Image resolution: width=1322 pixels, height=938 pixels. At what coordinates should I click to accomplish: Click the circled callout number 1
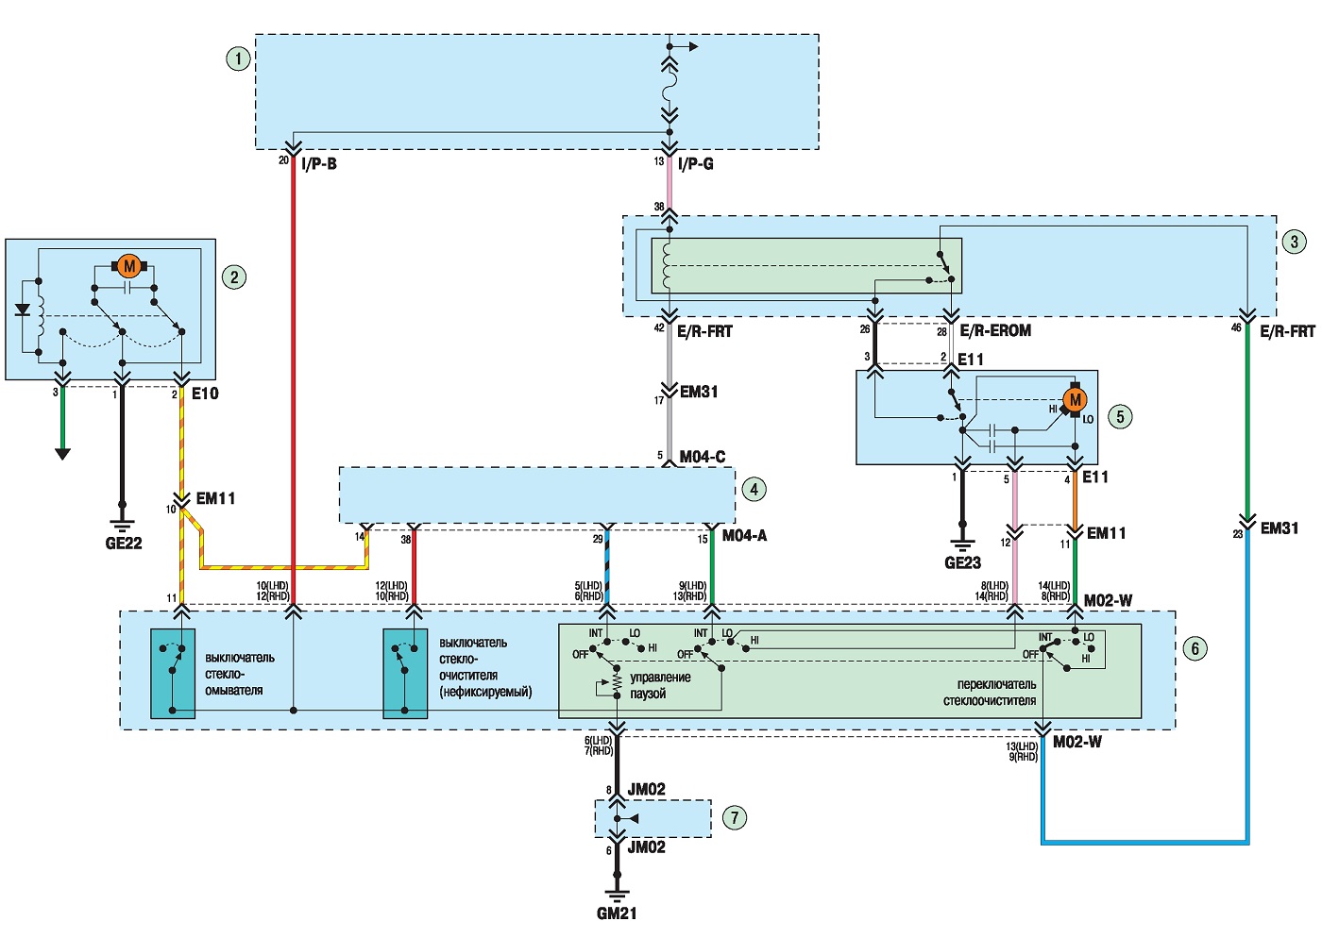238,59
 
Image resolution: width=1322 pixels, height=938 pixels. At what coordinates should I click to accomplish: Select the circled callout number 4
754,489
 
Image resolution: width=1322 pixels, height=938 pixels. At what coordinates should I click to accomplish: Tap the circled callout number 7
735,817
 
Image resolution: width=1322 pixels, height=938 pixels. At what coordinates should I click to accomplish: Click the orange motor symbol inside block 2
129,267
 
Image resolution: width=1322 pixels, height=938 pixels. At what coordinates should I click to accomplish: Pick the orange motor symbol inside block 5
1075,400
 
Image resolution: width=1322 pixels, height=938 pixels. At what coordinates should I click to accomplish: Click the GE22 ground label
124,544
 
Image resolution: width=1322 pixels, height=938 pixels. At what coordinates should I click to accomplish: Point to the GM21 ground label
617,913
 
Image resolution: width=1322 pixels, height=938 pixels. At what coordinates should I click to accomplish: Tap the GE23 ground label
962,562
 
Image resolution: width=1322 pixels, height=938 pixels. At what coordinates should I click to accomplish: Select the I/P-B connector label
319,164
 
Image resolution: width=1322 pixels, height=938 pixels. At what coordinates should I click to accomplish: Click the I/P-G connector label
696,164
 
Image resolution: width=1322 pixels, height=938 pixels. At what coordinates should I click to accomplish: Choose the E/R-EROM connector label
995,330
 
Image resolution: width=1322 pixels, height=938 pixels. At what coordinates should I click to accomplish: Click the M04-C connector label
703,457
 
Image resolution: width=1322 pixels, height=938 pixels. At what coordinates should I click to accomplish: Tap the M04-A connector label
744,536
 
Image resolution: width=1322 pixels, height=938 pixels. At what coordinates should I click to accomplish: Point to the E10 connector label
205,394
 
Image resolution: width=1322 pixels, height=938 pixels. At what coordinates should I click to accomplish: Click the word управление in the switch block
660,678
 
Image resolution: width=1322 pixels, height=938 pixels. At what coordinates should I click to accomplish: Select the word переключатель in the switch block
997,684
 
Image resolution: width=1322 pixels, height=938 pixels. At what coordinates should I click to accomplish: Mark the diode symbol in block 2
23,310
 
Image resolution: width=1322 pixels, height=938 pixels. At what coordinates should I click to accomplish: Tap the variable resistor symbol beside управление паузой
616,683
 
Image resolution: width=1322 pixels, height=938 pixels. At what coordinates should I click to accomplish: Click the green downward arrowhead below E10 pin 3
62,454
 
